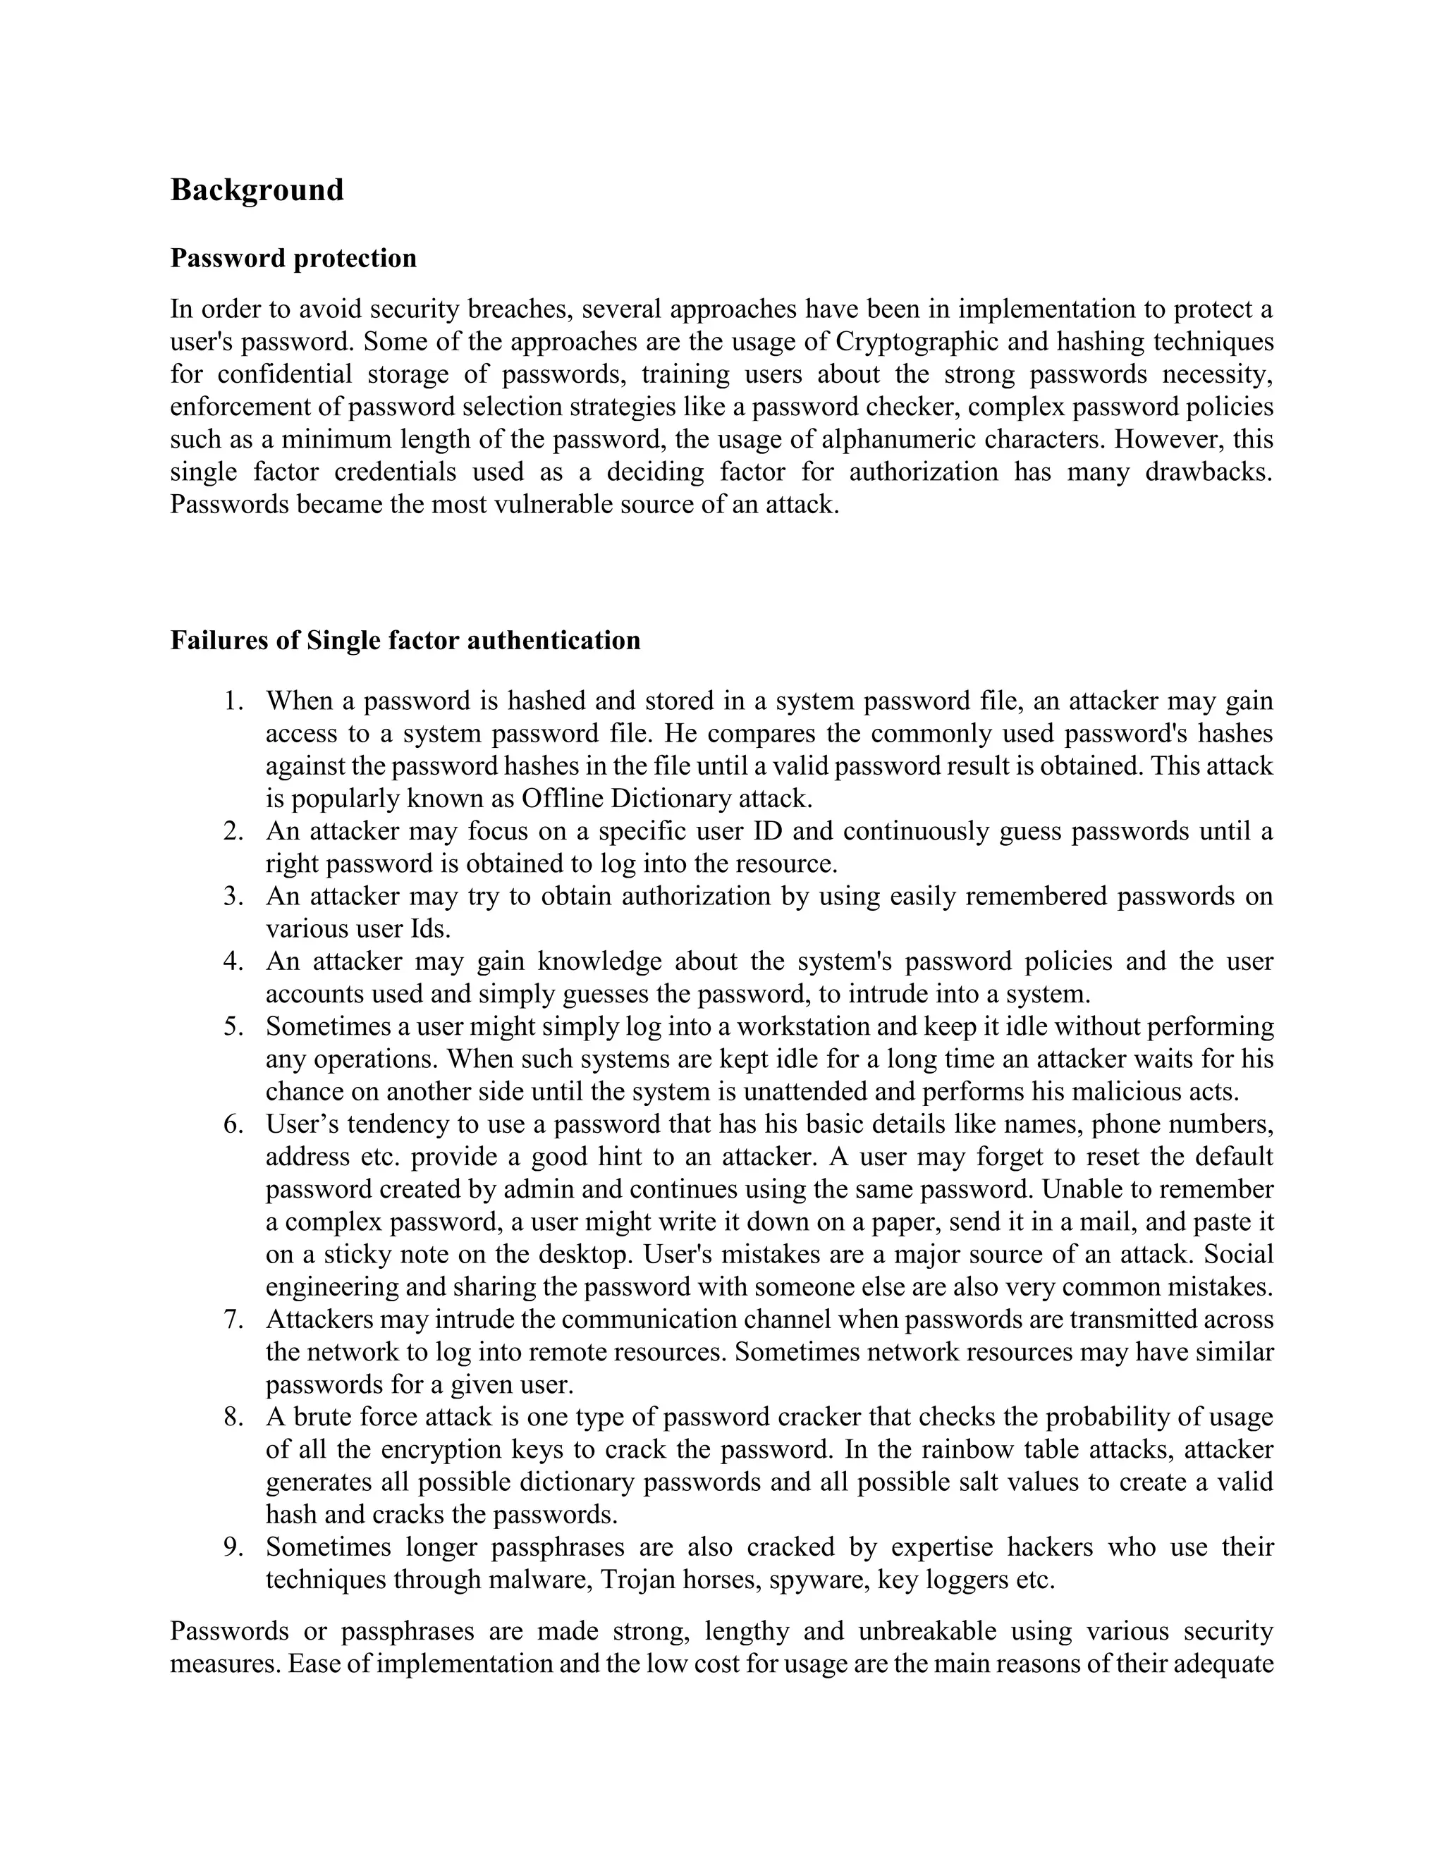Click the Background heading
pyautogui.click(x=257, y=190)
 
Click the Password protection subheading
pyautogui.click(x=293, y=258)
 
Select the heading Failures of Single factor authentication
pyautogui.click(x=405, y=640)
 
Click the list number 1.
pyautogui.click(x=233, y=701)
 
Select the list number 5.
pyautogui.click(x=233, y=1026)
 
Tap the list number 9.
pyautogui.click(x=233, y=1547)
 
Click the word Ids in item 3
pyautogui.click(x=430, y=929)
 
